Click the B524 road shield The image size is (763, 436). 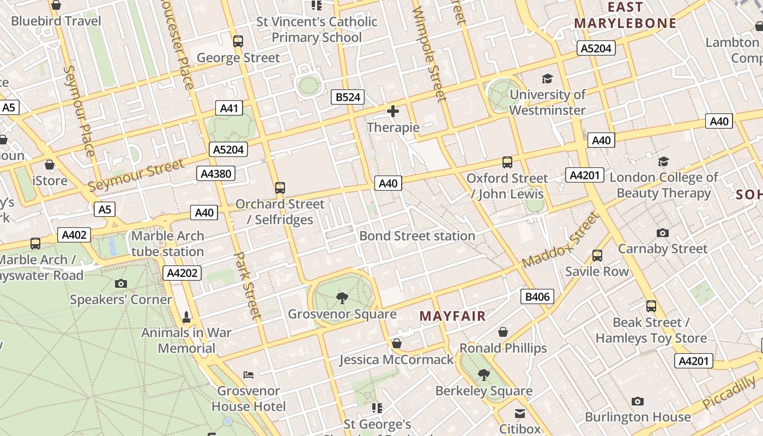[x=348, y=98]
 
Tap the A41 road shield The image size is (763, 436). [x=229, y=108]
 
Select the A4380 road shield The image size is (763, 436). [x=216, y=174]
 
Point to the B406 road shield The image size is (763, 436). [x=537, y=296]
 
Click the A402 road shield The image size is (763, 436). [x=74, y=235]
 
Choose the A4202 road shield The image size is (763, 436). [x=182, y=273]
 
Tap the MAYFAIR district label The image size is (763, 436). [x=452, y=316]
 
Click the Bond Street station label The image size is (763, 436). [x=417, y=236]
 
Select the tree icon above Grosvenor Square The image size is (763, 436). [x=342, y=298]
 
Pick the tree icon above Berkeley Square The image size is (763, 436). [x=483, y=374]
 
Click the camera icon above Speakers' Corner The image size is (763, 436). [x=121, y=283]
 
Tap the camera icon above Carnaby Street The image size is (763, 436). [x=663, y=233]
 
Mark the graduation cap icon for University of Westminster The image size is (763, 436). [x=547, y=79]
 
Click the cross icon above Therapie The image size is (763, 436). [x=392, y=112]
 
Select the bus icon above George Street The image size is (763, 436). [x=238, y=41]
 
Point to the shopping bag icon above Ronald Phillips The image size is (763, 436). [x=503, y=332]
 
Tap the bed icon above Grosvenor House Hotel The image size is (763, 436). [x=249, y=374]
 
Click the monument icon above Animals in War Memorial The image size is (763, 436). [x=187, y=317]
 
